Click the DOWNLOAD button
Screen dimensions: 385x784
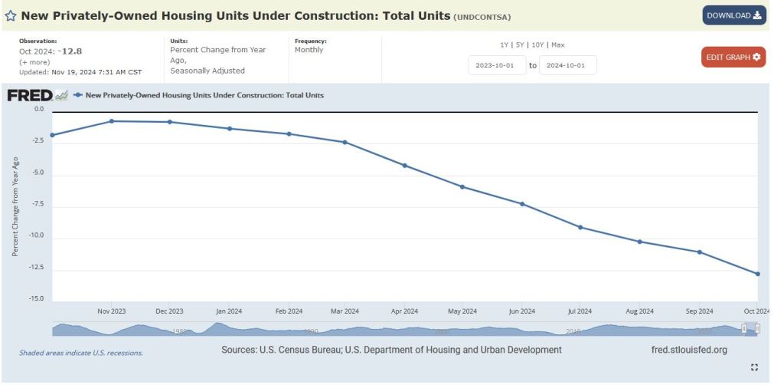pyautogui.click(x=733, y=15)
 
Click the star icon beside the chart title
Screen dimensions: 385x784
pyautogui.click(x=11, y=16)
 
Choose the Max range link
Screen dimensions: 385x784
pyautogui.click(x=557, y=44)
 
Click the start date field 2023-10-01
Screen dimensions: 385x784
pyautogui.click(x=497, y=65)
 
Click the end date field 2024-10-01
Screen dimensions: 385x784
pyautogui.click(x=567, y=65)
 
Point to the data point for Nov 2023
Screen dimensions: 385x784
pyautogui.click(x=112, y=121)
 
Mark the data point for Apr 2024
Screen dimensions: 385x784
pyautogui.click(x=404, y=166)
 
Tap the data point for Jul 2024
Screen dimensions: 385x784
pyautogui.click(x=580, y=227)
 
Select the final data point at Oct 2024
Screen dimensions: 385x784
pyautogui.click(x=757, y=274)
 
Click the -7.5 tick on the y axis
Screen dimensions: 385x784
pyautogui.click(x=35, y=204)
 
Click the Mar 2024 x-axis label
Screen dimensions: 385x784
pyautogui.click(x=345, y=311)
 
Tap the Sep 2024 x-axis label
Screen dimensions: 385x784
pyautogui.click(x=698, y=311)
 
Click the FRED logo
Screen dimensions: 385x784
pyautogui.click(x=30, y=95)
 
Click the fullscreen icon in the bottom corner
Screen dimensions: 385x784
pyautogui.click(x=754, y=367)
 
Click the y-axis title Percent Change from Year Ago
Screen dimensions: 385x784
pyautogui.click(x=15, y=203)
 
